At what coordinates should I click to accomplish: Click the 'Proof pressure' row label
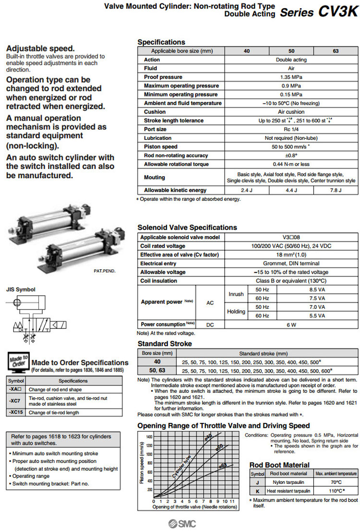163,77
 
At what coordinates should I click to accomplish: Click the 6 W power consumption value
290,324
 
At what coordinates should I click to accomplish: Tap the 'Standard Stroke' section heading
164,344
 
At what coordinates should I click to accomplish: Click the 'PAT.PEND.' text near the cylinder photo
105,271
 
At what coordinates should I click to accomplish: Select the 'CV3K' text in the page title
338,12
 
